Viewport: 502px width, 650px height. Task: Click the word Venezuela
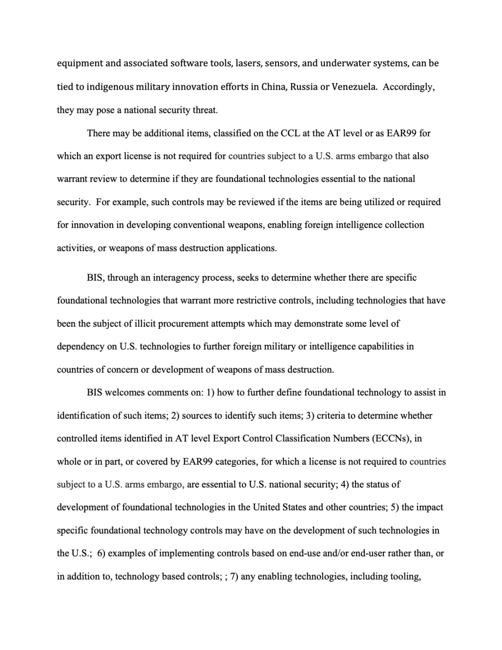[354, 87]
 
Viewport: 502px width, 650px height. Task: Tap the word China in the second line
[273, 87]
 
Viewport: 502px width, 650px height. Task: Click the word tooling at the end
[404, 577]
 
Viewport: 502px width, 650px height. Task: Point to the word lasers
[249, 63]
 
